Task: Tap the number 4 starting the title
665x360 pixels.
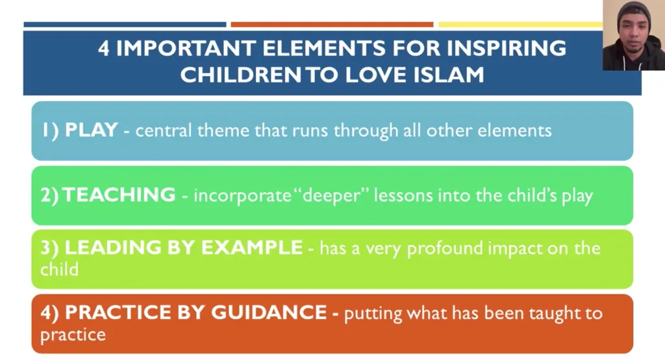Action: coord(103,48)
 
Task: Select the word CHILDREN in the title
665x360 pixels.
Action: coord(240,75)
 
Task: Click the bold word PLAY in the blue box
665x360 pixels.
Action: coord(91,130)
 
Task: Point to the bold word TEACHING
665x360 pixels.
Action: coord(119,195)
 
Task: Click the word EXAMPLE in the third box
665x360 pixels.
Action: coord(252,248)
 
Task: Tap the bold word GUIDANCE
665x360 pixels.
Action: coord(269,313)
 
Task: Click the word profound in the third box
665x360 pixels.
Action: coord(445,248)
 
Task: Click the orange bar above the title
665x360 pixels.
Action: coord(332,25)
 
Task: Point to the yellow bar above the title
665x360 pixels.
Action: coord(520,25)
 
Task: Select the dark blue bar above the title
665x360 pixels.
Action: coord(125,25)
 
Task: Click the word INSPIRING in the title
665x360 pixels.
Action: coord(507,48)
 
